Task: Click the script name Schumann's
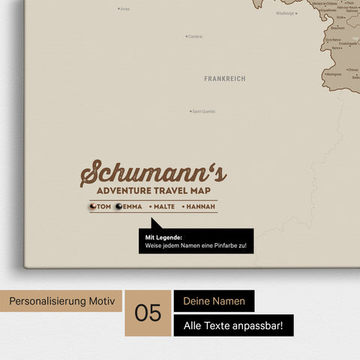point(153,173)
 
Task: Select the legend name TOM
point(104,206)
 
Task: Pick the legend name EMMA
point(132,206)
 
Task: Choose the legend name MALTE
point(166,206)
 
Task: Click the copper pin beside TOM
point(93,206)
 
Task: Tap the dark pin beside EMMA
point(118,206)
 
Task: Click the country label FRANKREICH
point(224,78)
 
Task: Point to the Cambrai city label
point(195,36)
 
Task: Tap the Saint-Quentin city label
point(203,111)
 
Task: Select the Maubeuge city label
point(285,13)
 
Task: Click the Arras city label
point(124,9)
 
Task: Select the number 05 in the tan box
point(148,313)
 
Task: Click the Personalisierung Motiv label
point(63,301)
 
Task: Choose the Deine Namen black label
point(214,301)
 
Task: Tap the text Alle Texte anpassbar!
point(233,325)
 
